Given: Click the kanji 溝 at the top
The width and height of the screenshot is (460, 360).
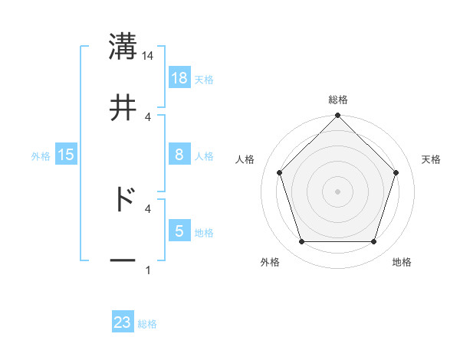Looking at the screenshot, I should tap(123, 46).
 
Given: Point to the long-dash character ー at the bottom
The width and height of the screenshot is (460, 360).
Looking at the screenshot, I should tap(123, 261).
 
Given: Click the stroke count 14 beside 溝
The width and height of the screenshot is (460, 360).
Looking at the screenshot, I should tap(148, 55).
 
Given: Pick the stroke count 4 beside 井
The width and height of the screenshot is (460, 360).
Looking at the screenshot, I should tap(148, 117).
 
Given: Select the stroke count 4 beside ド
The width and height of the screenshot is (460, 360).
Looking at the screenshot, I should tap(148, 208).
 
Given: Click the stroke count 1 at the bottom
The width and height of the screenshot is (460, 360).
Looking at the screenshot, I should tap(148, 270).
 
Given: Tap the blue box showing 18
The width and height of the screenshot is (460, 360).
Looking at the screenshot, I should tap(179, 77).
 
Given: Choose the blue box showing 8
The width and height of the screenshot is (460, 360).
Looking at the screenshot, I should tap(179, 155).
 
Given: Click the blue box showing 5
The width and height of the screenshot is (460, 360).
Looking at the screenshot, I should tap(179, 231).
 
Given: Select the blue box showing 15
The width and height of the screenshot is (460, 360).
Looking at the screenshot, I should tap(66, 155).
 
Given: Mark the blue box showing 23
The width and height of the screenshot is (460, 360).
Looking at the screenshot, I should tap(123, 322).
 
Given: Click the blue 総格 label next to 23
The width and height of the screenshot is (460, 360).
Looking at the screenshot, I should tap(147, 324).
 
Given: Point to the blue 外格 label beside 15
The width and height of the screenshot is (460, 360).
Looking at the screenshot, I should tap(41, 155).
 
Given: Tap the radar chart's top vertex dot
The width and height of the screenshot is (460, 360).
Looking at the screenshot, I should tap(337, 116).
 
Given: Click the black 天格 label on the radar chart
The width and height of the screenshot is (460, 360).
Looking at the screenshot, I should tap(432, 159).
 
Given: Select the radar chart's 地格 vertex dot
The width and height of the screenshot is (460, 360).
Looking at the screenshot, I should tap(373, 242).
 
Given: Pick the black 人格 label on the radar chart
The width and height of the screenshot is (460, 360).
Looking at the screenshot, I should tap(245, 159).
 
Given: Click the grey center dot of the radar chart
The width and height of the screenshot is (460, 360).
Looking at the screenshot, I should tap(337, 191).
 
